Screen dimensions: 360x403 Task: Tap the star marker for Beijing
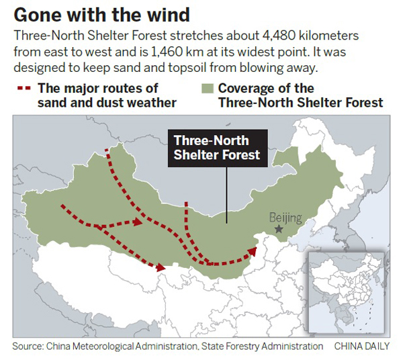click(x=279, y=230)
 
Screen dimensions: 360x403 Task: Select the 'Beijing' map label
click(x=285, y=217)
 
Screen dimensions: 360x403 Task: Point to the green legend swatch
click(x=207, y=89)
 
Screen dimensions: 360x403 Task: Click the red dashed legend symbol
click(x=24, y=88)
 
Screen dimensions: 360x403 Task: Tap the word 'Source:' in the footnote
click(x=28, y=347)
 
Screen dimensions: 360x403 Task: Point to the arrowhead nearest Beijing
click(x=253, y=251)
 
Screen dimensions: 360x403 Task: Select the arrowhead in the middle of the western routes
click(x=138, y=222)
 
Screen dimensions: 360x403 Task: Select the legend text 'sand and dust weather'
click(x=107, y=102)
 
